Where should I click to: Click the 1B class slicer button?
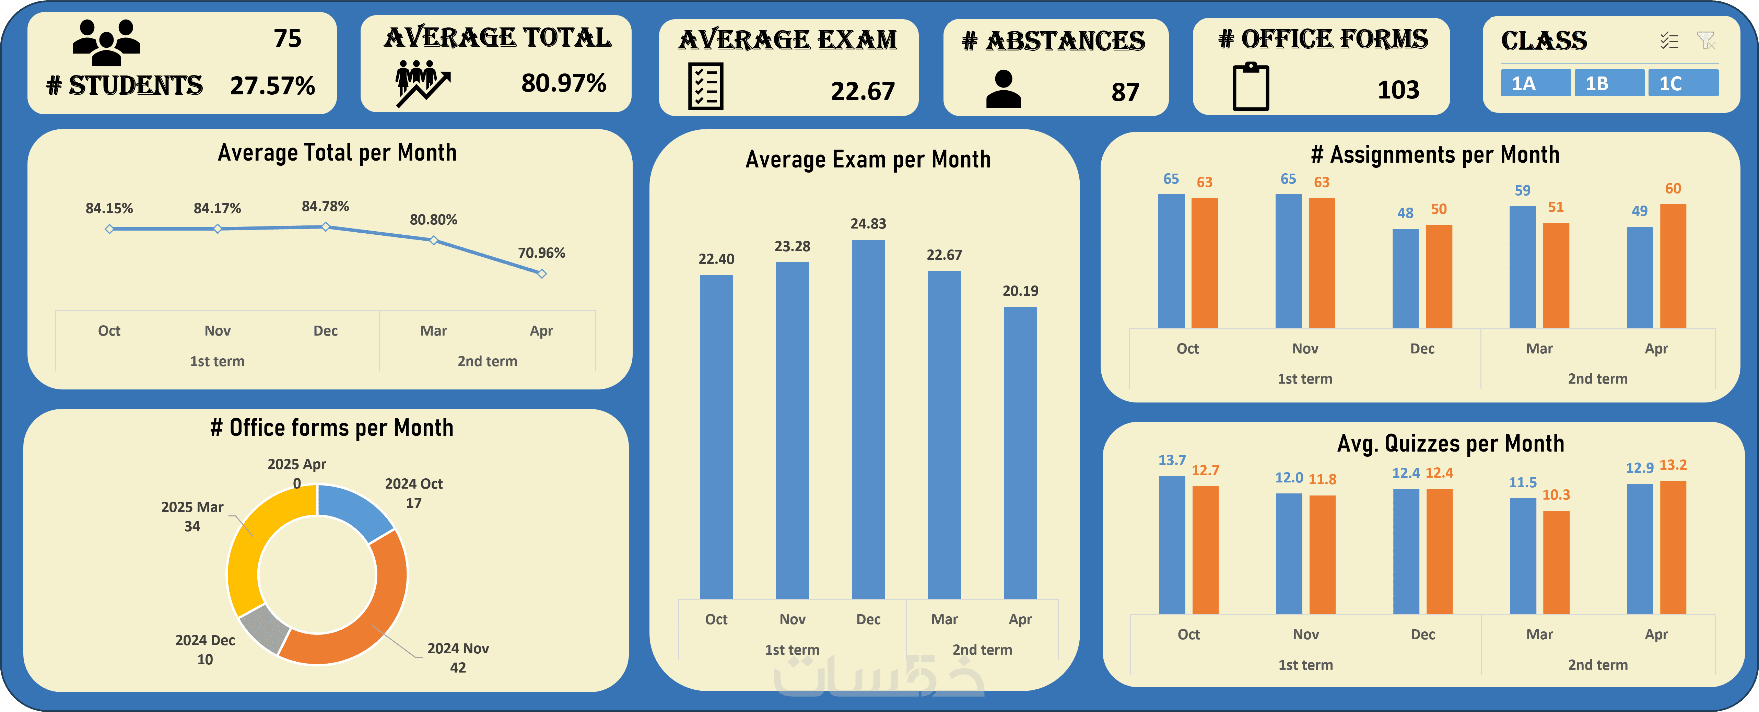1609,83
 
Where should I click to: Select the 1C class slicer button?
1682,83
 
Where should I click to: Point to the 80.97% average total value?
563,83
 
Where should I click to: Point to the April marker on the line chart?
541,274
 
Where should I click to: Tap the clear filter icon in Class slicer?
1706,41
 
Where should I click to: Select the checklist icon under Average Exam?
705,87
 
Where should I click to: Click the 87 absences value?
1125,92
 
